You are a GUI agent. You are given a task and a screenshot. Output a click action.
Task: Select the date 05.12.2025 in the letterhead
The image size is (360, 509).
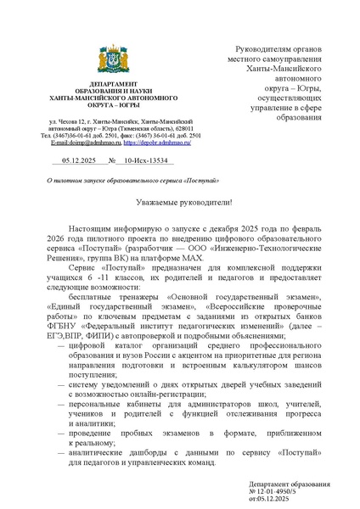click(70, 159)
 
